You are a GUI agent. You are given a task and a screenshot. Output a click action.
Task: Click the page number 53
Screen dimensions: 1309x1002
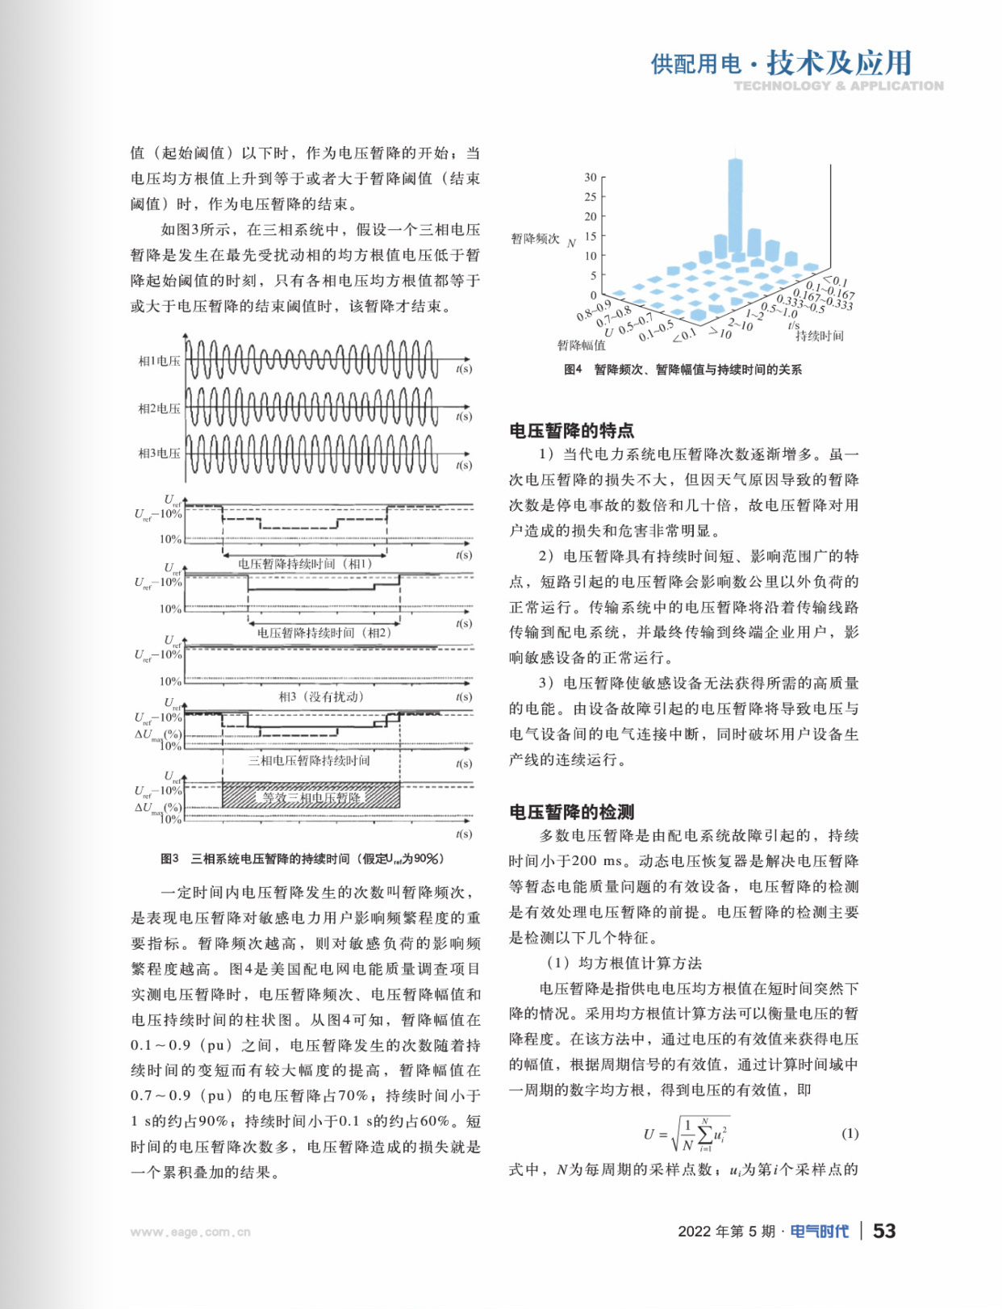(x=884, y=1231)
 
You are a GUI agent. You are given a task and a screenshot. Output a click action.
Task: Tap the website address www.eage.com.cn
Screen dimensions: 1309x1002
(x=190, y=1232)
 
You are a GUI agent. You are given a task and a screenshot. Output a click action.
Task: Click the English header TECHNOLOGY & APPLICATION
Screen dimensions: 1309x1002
(x=838, y=86)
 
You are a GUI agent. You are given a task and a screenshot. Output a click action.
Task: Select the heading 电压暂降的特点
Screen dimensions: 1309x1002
(x=571, y=430)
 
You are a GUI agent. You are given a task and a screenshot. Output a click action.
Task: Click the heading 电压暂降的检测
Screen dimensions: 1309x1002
(x=571, y=812)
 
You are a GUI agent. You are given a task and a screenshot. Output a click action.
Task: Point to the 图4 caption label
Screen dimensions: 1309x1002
(x=573, y=370)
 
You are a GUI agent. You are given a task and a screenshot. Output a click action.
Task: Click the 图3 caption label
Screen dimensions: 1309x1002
(x=169, y=859)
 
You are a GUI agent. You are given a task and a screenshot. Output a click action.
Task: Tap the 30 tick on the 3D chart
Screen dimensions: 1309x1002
(x=591, y=178)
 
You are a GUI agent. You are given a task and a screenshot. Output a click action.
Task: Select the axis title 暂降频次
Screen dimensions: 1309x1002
(x=535, y=239)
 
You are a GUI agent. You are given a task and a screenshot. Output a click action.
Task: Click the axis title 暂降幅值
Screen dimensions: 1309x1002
(x=581, y=345)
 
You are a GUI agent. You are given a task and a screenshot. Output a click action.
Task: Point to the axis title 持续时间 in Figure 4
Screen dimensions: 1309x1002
(x=820, y=336)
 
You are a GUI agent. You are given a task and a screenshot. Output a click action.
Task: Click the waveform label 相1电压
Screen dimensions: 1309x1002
(x=159, y=361)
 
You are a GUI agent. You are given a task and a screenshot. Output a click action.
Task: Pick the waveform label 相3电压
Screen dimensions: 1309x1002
(x=159, y=454)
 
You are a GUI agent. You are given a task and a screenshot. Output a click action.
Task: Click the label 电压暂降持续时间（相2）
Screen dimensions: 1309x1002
(x=324, y=633)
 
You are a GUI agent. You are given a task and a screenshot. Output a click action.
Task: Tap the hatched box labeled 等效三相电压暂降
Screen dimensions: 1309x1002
(x=311, y=796)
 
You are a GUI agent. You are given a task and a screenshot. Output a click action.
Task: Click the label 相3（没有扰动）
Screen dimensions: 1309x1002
(x=321, y=696)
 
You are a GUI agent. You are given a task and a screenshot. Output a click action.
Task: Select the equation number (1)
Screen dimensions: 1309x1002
(x=850, y=1133)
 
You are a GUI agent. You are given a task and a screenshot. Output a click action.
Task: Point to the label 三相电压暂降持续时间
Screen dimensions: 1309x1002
(x=308, y=760)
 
